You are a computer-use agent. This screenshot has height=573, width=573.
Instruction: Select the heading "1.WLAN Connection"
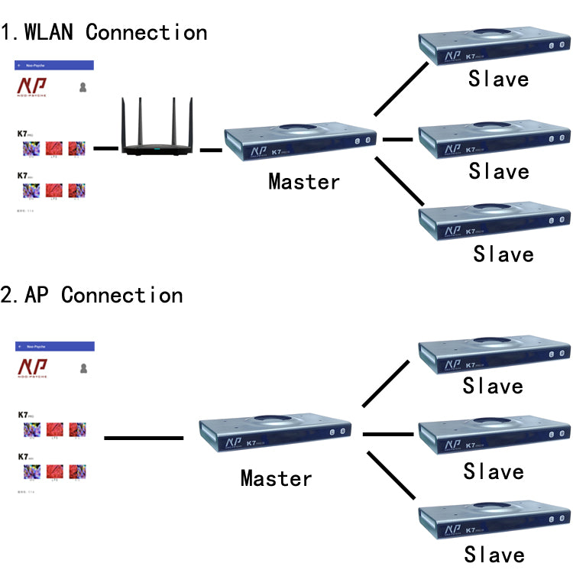click(104, 33)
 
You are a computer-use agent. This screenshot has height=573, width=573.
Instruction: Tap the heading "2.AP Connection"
click(92, 296)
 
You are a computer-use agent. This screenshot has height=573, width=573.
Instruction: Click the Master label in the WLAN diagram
click(304, 182)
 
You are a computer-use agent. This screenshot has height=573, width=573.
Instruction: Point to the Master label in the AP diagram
click(277, 479)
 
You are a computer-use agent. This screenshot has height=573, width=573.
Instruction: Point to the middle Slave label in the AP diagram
click(494, 471)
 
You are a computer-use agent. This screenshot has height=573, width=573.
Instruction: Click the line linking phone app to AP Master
click(144, 438)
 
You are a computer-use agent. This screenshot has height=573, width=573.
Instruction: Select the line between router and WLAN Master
click(211, 150)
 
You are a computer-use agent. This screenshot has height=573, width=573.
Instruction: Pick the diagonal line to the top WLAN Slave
click(402, 89)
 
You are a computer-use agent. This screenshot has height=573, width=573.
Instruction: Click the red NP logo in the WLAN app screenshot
click(31, 85)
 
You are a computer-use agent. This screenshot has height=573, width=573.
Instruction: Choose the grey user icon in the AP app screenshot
click(83, 368)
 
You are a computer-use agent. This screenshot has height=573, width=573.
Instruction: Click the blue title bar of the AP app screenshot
click(55, 346)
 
